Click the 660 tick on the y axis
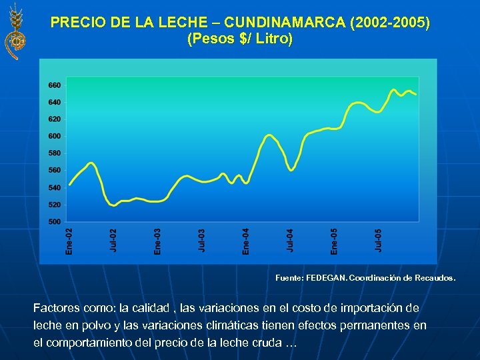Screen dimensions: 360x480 [55, 85]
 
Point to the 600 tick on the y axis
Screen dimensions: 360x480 [55, 136]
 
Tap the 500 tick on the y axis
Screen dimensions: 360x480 [55, 221]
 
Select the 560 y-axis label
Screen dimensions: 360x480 [55, 170]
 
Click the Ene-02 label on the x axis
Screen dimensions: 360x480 [69, 241]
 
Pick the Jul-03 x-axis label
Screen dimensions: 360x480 [201, 241]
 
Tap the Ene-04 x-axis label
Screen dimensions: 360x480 [245, 241]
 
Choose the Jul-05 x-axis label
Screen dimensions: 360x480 [378, 241]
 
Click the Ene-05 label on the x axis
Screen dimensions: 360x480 [334, 241]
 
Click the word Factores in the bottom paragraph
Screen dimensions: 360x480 [57, 309]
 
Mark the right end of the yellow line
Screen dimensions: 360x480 [417, 94]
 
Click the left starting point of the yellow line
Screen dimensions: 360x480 [69, 185]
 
